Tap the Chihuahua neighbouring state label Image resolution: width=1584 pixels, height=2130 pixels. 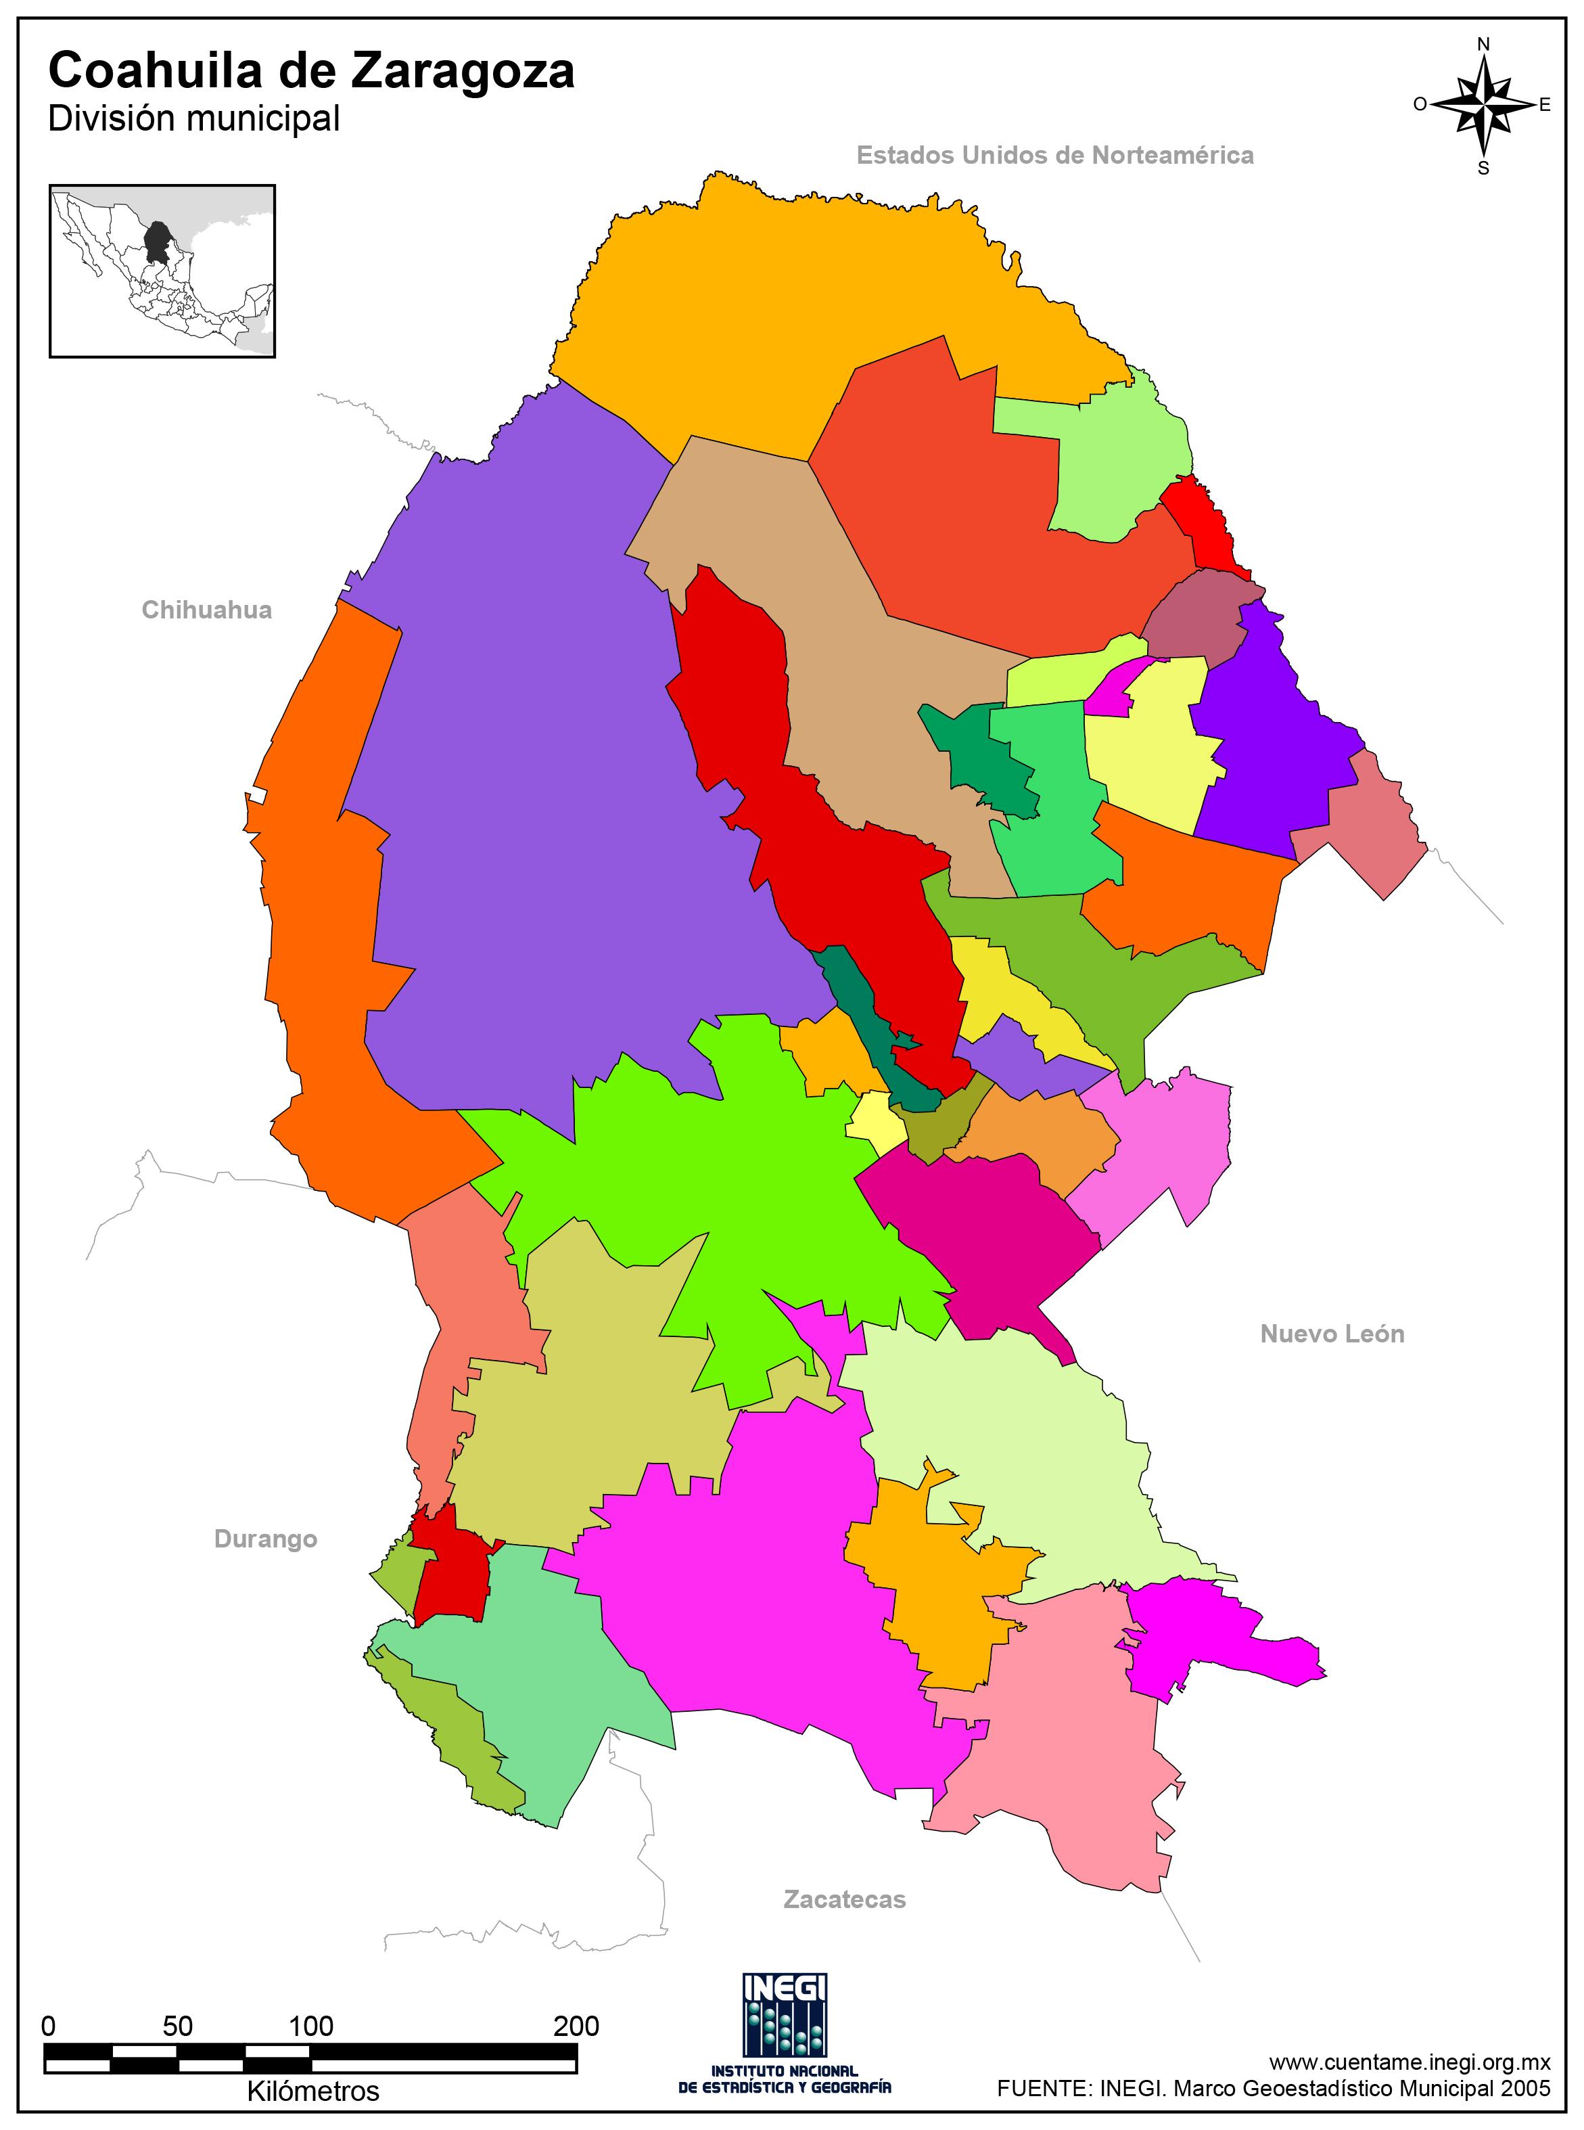click(206, 610)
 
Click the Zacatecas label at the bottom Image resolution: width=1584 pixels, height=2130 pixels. click(844, 1899)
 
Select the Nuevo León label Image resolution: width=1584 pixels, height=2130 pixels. click(1331, 1333)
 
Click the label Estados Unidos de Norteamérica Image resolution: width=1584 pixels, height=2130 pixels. click(1054, 156)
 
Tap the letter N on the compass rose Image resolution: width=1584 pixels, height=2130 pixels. click(1483, 44)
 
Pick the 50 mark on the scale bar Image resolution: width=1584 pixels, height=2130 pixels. click(177, 2026)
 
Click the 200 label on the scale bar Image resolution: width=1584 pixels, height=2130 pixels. click(576, 2026)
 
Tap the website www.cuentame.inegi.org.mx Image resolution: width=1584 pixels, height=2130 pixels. click(1409, 2061)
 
